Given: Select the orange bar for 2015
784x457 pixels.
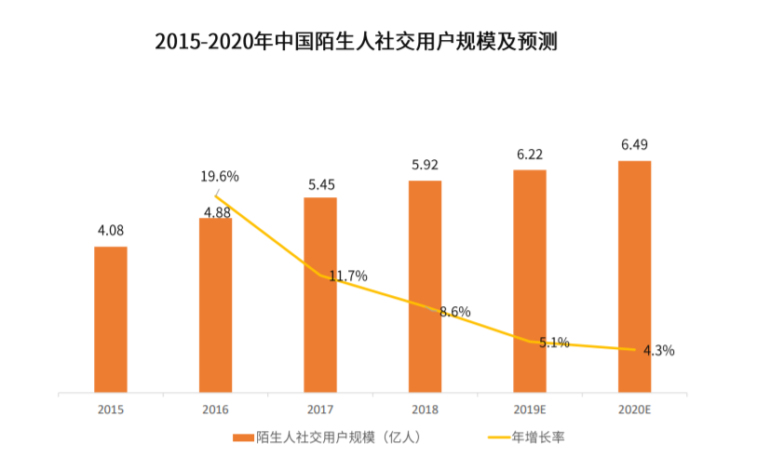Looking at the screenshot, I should tap(111, 318).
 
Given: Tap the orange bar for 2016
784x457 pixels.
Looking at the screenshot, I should tap(215, 304).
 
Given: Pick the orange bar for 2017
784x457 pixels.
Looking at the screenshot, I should tap(319, 294).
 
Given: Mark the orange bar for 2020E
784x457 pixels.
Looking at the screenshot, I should tap(634, 276).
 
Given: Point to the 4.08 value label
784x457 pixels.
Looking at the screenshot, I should tap(111, 230).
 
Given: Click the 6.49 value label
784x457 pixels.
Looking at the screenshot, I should tap(634, 144).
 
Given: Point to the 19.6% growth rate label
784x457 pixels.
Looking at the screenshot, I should tap(221, 176).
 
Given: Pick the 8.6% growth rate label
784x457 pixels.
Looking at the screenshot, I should tap(454, 312).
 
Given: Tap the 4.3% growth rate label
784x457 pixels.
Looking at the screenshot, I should tap(656, 351).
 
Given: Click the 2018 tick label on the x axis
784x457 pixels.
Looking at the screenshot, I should tap(425, 409).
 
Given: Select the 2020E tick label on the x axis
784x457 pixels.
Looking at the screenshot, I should tap(634, 409).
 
